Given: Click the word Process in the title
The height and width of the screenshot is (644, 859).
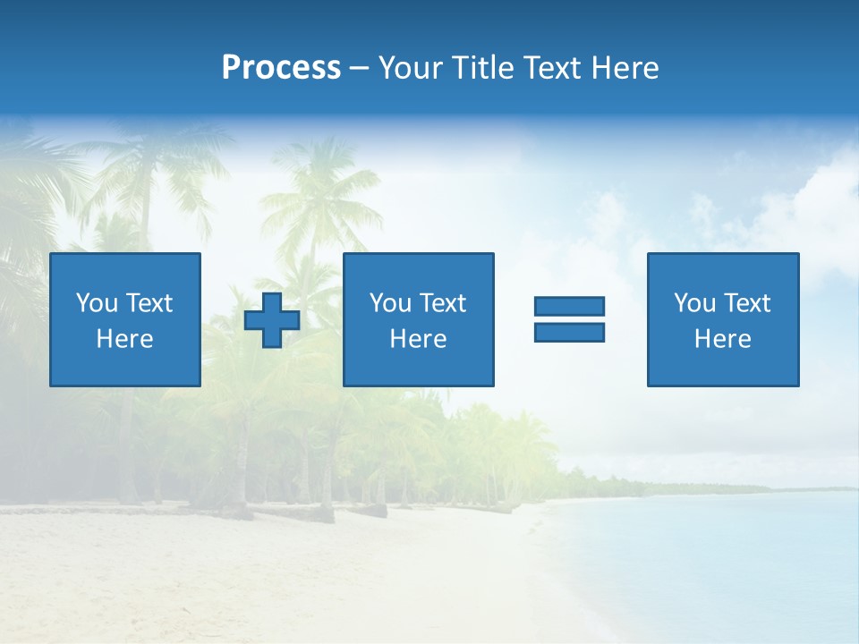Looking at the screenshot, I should coord(281,68).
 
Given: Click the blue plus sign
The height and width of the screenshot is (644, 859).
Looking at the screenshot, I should coord(272,319).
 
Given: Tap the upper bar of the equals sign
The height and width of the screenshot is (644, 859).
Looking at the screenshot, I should coord(569,306).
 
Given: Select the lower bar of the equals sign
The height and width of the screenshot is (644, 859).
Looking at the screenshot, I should coord(569,332).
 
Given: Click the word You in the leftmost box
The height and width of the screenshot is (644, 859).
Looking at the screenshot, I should coord(98,303).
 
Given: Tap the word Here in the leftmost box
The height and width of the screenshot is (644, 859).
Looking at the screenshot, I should coord(125,339).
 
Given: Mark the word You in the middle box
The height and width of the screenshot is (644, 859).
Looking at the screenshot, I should coord(391,303).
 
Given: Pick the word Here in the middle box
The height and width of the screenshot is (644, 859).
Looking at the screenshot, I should coord(418,339).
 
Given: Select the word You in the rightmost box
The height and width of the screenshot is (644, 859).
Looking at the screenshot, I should coord(695,303).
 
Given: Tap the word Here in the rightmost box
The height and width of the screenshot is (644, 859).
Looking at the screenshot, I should coord(723,339).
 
